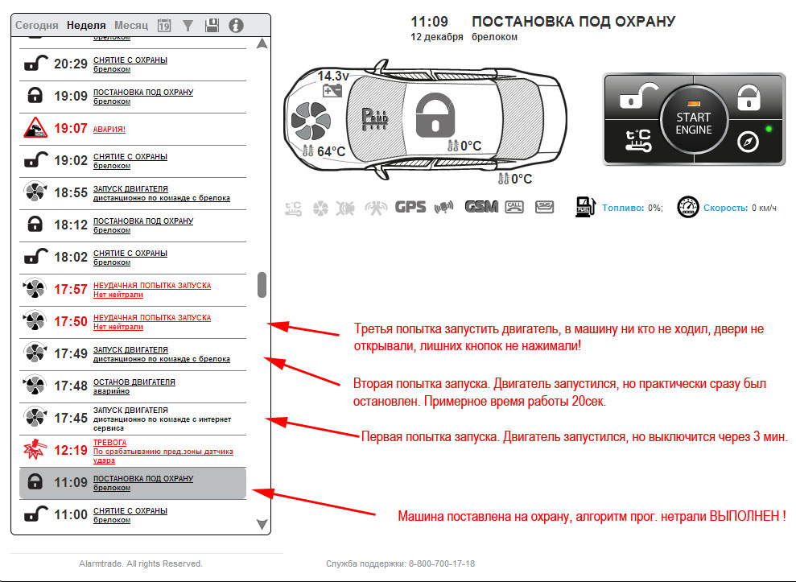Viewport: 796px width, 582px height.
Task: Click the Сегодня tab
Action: pos(36,26)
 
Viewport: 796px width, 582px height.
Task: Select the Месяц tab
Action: pos(131,26)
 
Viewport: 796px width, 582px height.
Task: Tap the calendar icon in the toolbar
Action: pos(164,26)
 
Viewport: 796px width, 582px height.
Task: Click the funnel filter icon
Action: pos(188,26)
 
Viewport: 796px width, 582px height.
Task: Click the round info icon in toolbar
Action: pos(236,26)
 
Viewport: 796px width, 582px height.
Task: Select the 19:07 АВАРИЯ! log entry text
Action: pos(109,129)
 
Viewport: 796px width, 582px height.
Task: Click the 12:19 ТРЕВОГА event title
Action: pos(110,443)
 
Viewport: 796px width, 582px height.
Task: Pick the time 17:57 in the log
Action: pos(71,290)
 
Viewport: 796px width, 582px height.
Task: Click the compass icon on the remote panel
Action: pos(748,142)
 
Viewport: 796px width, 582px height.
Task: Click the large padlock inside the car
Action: pos(435,115)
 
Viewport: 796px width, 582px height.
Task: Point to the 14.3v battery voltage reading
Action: pos(333,76)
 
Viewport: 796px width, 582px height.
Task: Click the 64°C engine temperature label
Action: pos(331,151)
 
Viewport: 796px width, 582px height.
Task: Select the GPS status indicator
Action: pos(410,207)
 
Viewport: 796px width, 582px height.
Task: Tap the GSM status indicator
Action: pos(481,207)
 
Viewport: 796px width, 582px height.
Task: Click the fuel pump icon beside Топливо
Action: pos(585,207)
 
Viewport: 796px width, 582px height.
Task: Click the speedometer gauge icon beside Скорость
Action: pos(688,207)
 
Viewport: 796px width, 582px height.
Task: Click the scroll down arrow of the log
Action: pos(262,524)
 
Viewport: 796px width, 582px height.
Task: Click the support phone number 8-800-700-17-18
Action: pos(442,563)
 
